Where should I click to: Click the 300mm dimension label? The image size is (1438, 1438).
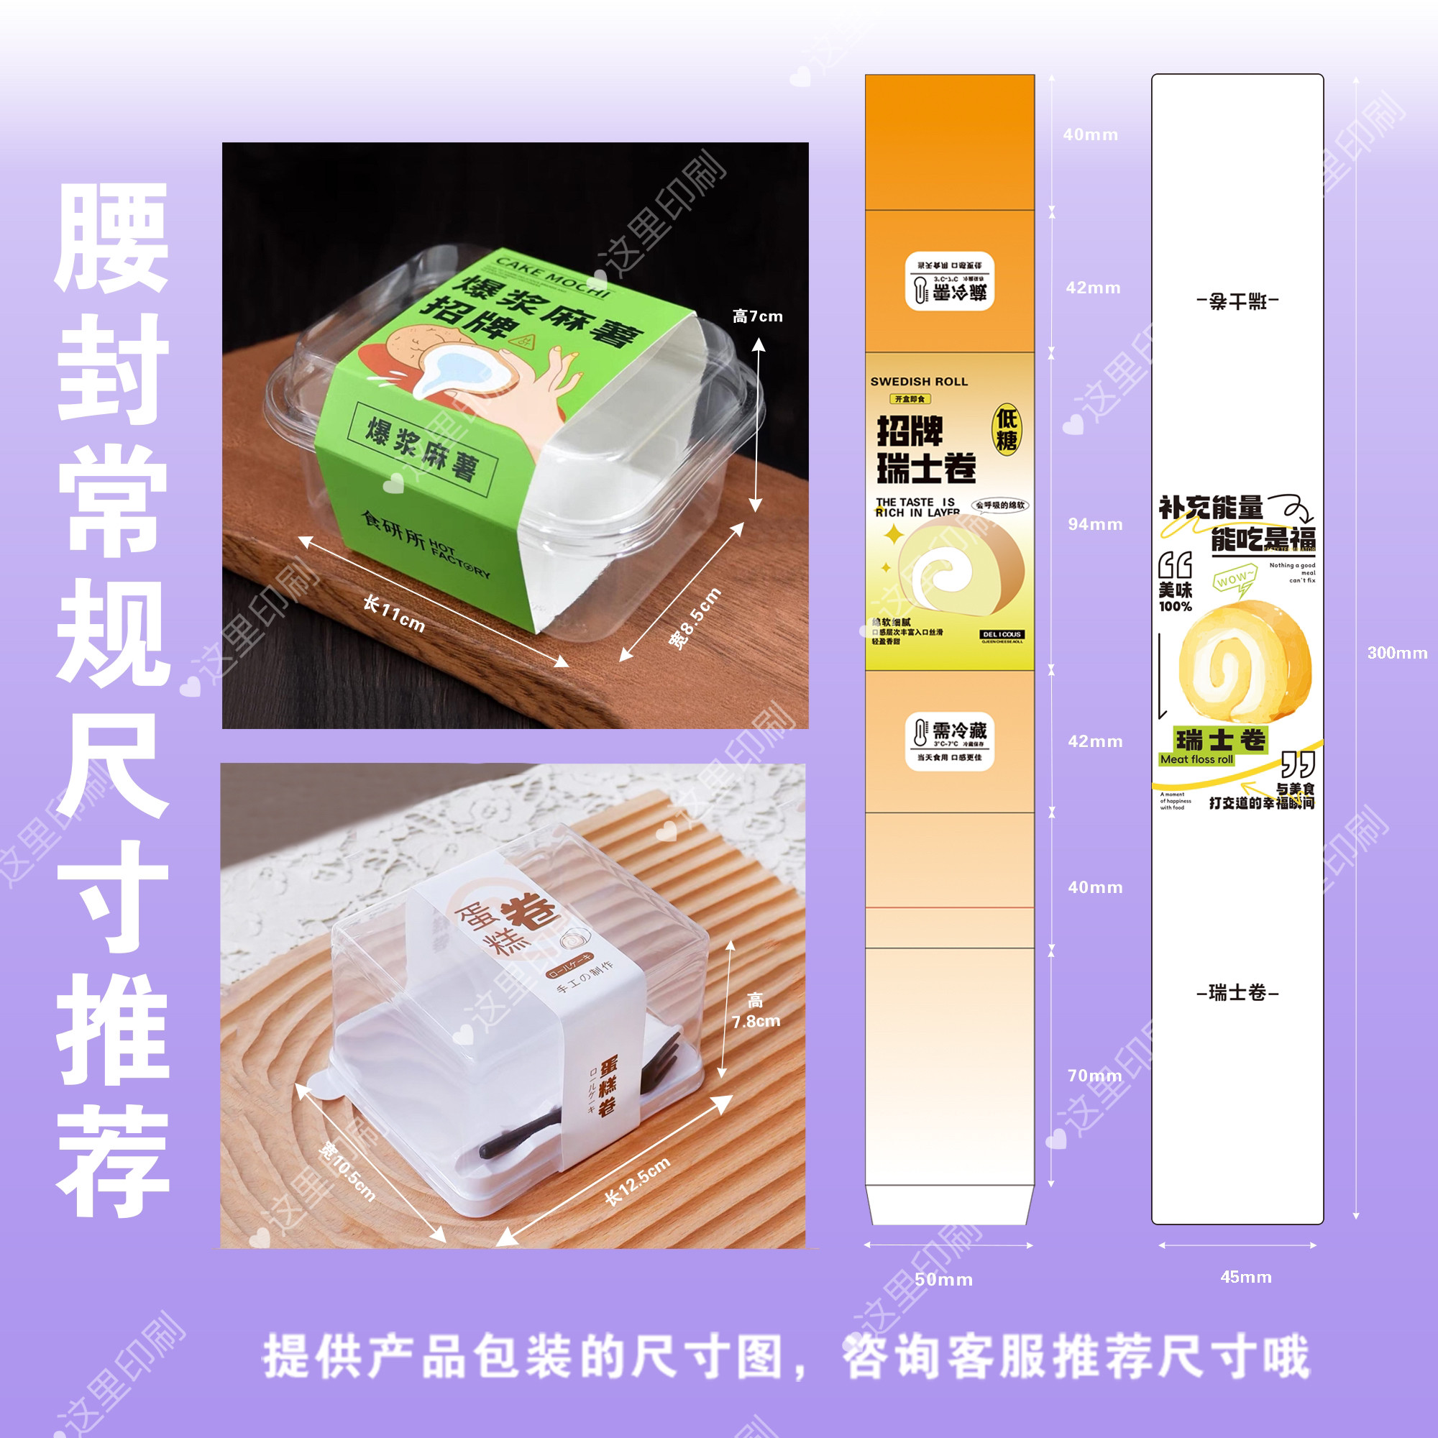pos(1397,653)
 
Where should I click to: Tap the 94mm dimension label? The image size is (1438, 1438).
pos(1095,524)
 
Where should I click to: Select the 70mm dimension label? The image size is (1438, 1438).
pos(1094,1076)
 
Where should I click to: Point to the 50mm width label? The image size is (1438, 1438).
pos(943,1280)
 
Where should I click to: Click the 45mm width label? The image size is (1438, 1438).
pos(1245,1277)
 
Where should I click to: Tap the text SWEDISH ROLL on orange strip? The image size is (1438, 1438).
pos(918,382)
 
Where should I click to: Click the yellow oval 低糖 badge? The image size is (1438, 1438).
pos(1007,429)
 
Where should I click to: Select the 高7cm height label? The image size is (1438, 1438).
pos(757,316)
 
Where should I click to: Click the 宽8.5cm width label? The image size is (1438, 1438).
pos(695,618)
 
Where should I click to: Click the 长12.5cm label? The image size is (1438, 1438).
pos(637,1181)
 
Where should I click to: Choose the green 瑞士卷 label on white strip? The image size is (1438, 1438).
pos(1220,740)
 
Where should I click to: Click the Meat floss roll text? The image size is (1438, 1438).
pos(1196,760)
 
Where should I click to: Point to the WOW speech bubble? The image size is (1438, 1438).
pos(1232,580)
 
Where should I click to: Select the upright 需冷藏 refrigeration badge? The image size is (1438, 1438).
pos(949,741)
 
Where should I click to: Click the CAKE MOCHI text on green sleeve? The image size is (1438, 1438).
pos(552,278)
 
